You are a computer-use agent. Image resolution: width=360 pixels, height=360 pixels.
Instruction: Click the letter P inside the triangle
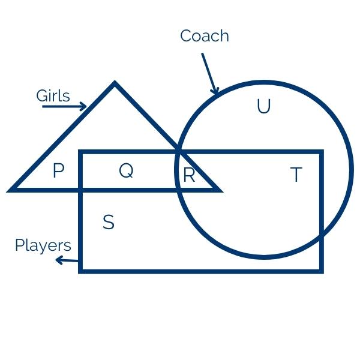(58, 172)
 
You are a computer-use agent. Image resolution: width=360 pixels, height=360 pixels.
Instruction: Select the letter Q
(125, 171)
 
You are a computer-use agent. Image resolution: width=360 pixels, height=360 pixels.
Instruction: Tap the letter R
(189, 175)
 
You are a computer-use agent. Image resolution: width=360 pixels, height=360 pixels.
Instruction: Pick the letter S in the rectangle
(108, 223)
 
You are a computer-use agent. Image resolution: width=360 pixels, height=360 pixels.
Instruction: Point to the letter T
(295, 175)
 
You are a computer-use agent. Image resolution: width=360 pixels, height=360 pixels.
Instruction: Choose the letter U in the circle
(263, 107)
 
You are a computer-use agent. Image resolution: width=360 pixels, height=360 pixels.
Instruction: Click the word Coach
(205, 36)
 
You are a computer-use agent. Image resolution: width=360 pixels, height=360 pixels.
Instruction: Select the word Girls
(53, 96)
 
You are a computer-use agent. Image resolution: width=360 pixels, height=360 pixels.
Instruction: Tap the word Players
(43, 245)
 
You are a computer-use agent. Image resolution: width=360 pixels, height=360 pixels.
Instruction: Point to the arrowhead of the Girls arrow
(84, 107)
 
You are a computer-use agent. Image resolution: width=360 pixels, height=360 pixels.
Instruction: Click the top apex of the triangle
(115, 83)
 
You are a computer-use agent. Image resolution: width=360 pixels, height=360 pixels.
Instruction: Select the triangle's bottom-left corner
(11, 190)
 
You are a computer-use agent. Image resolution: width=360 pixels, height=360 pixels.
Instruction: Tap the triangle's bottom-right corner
(220, 190)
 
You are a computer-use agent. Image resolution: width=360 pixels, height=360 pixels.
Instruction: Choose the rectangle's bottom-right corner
(322, 271)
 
